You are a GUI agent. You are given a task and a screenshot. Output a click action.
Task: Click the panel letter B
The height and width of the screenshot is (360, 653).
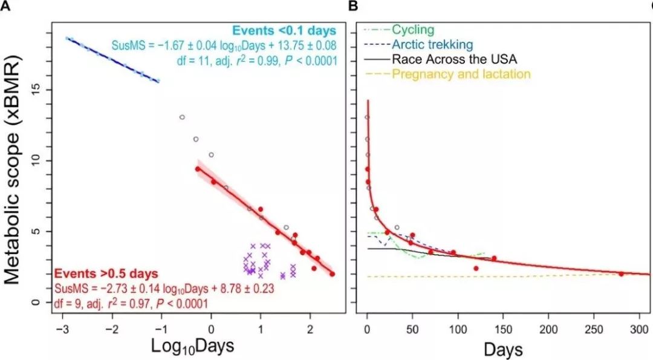click(x=354, y=6)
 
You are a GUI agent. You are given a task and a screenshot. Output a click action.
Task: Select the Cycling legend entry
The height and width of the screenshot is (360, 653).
click(x=413, y=29)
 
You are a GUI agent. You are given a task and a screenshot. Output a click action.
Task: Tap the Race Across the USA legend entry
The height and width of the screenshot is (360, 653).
click(x=454, y=59)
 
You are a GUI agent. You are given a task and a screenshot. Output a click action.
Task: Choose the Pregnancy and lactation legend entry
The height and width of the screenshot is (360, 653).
click(x=461, y=74)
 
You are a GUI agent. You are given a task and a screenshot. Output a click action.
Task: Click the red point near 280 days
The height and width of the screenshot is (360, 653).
click(x=621, y=274)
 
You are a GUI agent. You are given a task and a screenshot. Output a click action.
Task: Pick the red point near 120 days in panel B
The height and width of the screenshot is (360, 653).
click(x=476, y=268)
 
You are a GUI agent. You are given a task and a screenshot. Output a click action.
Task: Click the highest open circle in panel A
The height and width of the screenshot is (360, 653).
click(x=182, y=117)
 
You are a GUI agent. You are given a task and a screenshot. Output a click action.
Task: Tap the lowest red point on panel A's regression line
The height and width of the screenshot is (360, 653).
click(x=332, y=274)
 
